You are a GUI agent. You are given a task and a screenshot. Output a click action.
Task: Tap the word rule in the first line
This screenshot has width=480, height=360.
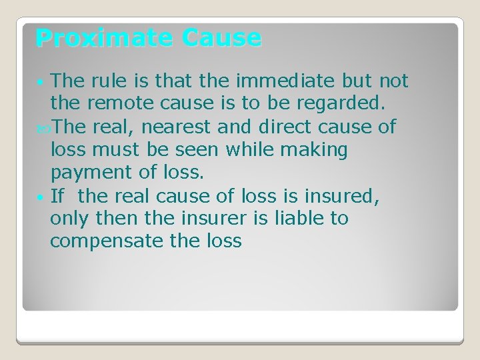tap(105, 81)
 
